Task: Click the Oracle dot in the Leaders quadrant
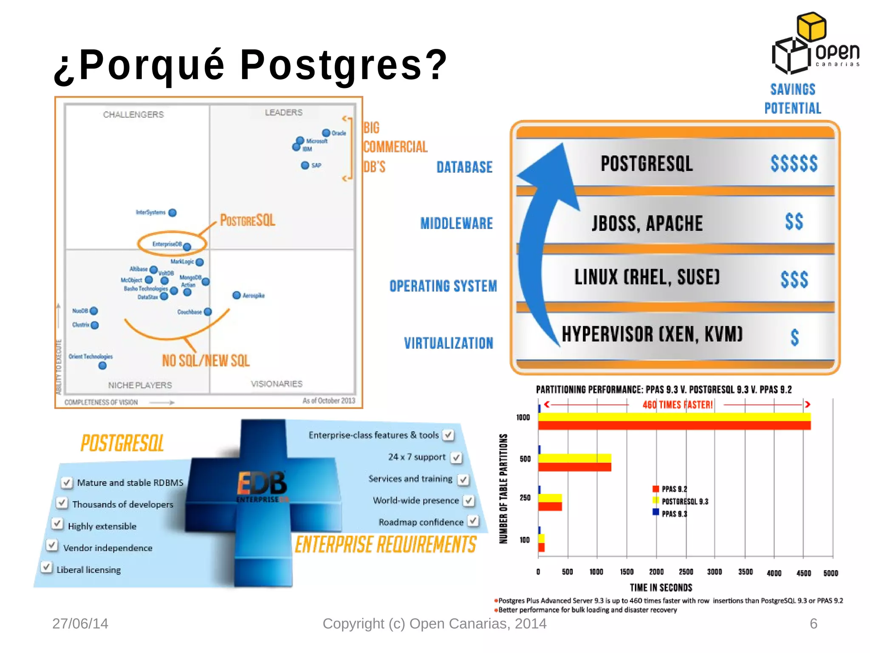coord(326,133)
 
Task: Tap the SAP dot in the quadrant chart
coord(305,165)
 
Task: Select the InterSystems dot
coord(172,213)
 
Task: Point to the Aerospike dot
coord(237,295)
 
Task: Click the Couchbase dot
coord(208,312)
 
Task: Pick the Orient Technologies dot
coord(102,366)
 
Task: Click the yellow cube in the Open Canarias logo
coord(811,26)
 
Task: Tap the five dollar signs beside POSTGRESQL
coord(794,164)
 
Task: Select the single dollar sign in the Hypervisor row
coord(795,338)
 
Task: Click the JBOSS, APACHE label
coord(647,224)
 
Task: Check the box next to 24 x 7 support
coord(457,457)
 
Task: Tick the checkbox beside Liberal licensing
coord(46,567)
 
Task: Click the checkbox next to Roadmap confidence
coord(473,521)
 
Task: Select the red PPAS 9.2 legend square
coord(656,489)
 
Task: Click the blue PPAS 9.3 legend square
coord(656,512)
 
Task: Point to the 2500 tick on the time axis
coord(686,572)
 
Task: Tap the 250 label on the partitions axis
coord(525,497)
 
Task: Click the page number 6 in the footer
coord(814,624)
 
